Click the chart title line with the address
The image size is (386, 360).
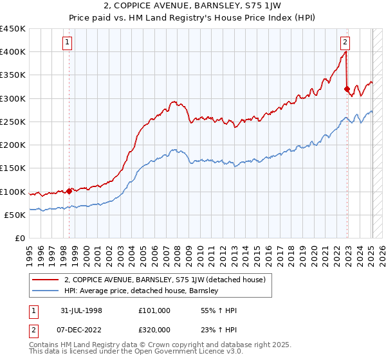[x=192, y=6]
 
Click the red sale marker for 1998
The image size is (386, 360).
[x=69, y=191]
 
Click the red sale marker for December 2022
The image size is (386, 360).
[x=347, y=89]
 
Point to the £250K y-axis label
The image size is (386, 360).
[x=13, y=122]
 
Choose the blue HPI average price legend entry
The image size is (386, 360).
[x=142, y=291]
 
